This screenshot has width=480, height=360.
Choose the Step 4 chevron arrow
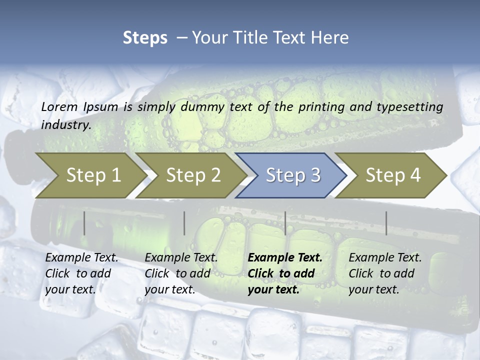coord(393,175)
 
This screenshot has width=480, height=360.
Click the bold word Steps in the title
coord(145,37)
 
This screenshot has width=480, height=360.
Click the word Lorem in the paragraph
coord(59,106)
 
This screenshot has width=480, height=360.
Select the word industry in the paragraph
coord(65,125)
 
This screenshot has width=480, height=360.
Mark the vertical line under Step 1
coord(84,223)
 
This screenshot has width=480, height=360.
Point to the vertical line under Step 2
coord(184,223)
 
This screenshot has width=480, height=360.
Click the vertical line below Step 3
coord(285,223)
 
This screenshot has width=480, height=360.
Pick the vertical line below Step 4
coord(386,223)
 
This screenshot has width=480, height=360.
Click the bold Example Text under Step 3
coord(285,258)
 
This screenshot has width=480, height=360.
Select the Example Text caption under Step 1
coord(81,258)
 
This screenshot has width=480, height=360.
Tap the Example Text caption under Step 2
coord(181,258)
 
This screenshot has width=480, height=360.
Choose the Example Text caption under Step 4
coord(385,258)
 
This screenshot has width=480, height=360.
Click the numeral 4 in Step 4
coord(414,175)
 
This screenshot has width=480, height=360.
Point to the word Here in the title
coord(332,37)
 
